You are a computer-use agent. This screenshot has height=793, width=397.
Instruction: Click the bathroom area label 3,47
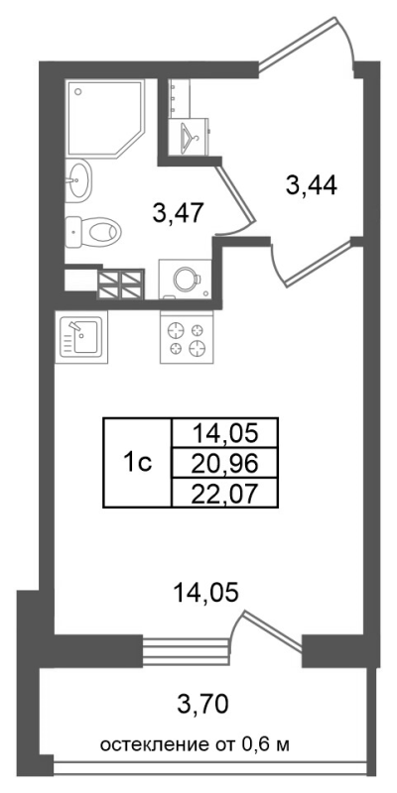coord(178,214)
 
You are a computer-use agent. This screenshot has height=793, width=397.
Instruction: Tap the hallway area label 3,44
coord(312,186)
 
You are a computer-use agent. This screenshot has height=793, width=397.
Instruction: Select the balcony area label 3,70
coord(202,704)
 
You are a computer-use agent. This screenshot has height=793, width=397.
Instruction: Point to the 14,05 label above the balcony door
coord(205,593)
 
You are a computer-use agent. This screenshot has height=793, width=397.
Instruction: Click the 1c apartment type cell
coord(137,462)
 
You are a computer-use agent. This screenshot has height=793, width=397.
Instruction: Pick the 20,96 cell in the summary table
coord(225,462)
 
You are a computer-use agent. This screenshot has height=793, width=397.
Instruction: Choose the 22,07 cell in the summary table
coord(225,492)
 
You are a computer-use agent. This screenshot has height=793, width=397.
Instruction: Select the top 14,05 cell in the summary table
coord(225,433)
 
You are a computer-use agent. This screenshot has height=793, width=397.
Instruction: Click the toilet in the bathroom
coord(94,233)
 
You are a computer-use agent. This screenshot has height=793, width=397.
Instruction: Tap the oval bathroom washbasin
coord(79,178)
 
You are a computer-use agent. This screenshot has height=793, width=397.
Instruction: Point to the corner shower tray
coord(105,117)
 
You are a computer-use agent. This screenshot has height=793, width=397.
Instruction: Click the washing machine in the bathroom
coord(185,279)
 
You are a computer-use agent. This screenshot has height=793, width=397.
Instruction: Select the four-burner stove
coord(187,337)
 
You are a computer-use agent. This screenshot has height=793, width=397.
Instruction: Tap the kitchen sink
coord(81,336)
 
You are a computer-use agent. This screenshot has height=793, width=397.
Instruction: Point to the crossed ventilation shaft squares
coord(120,284)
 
